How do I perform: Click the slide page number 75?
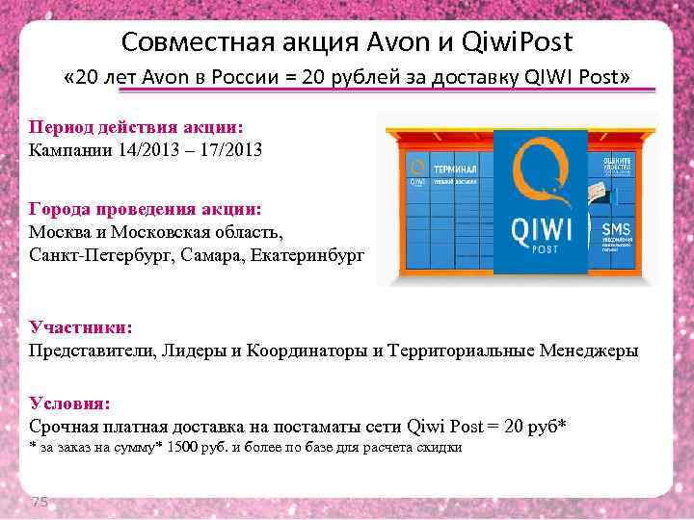[x=40, y=500]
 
